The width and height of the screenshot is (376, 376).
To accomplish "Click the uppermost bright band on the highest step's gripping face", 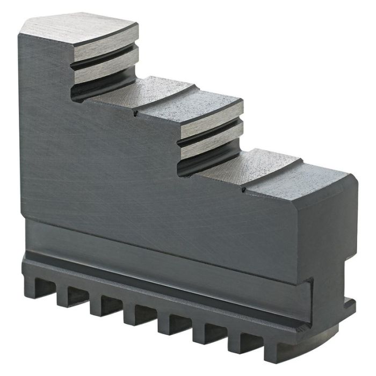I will (x=105, y=53).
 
